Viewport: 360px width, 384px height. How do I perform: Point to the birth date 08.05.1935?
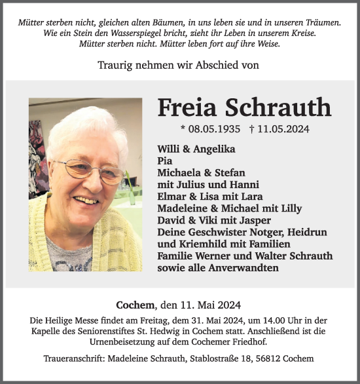(214, 129)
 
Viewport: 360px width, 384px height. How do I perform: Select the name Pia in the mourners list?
(164, 161)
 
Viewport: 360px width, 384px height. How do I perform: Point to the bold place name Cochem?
(135, 305)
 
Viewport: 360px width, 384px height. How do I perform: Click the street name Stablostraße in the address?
(218, 359)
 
